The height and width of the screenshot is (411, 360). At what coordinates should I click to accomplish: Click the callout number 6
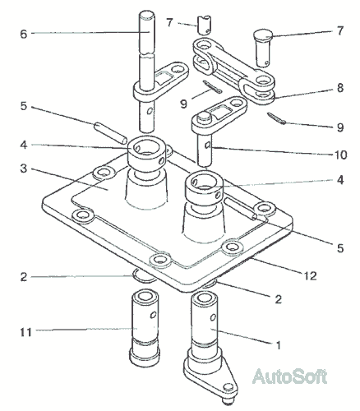click(x=24, y=35)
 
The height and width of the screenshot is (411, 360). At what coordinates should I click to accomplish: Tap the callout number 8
click(x=339, y=88)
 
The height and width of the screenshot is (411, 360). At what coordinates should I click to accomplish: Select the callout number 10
click(x=341, y=155)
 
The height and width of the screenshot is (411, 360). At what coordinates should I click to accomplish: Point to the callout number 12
click(x=311, y=275)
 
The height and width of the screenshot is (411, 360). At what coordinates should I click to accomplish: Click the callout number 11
click(x=26, y=332)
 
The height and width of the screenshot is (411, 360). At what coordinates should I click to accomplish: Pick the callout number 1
click(x=279, y=345)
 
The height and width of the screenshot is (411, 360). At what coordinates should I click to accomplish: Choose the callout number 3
click(x=24, y=169)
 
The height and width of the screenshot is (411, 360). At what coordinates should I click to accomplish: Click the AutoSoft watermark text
click(x=290, y=376)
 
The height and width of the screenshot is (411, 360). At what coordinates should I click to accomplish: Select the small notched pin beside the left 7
click(x=205, y=25)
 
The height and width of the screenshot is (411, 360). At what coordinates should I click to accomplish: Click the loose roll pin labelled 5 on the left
click(x=110, y=133)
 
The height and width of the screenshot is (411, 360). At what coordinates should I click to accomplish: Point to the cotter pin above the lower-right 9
click(x=276, y=118)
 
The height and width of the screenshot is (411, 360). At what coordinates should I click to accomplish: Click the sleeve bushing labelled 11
click(x=145, y=329)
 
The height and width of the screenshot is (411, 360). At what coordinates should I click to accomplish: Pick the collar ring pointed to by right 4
click(x=204, y=187)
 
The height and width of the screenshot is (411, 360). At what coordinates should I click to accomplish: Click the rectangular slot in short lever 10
click(x=219, y=113)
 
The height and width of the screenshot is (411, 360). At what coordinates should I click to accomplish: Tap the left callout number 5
click(x=24, y=106)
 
